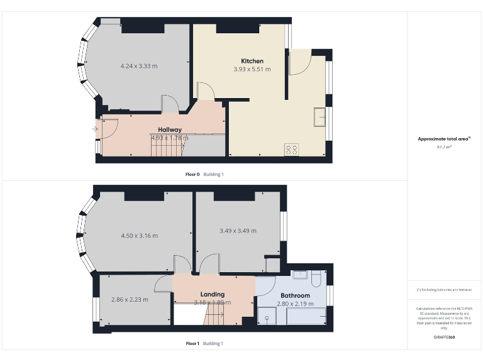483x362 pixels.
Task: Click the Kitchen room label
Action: [x=252, y=61]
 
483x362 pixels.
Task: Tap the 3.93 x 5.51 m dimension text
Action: [x=252, y=69]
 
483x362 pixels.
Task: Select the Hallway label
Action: [x=170, y=129]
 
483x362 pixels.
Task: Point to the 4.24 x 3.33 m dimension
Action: [x=139, y=65]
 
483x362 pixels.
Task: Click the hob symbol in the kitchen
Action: [x=292, y=150]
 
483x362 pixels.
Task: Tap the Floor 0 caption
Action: [x=192, y=174]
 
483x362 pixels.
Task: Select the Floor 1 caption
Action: [x=192, y=344]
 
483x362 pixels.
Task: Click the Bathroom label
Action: [x=295, y=295]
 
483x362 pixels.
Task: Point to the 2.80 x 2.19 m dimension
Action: [x=295, y=304]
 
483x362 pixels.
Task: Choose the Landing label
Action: [x=213, y=294]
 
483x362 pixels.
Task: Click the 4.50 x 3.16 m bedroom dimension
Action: [x=139, y=236]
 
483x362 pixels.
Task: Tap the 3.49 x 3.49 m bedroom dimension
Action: [x=238, y=231]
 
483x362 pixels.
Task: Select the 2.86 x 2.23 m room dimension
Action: [x=130, y=299]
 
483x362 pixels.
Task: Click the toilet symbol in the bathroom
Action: [x=316, y=277]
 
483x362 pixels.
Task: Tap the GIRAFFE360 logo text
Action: [x=444, y=337]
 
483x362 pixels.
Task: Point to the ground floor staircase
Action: [x=166, y=148]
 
